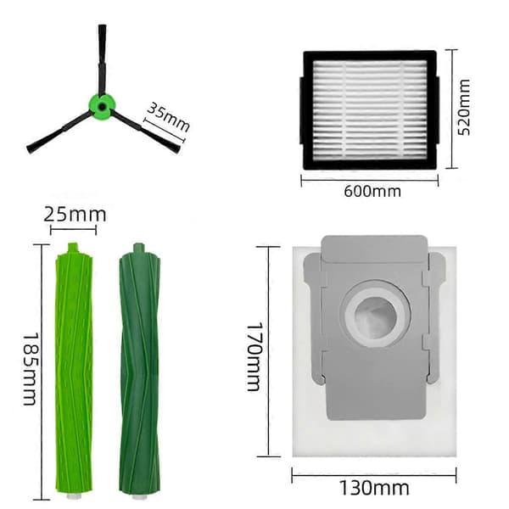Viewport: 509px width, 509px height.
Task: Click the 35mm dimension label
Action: [168, 117]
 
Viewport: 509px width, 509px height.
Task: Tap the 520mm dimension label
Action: [463, 107]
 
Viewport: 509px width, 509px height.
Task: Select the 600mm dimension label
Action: [372, 191]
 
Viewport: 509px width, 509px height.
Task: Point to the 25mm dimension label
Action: [75, 215]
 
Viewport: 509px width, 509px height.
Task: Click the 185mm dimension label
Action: [30, 369]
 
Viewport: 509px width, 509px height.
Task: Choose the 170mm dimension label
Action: [254, 356]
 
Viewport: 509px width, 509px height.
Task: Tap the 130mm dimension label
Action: [374, 488]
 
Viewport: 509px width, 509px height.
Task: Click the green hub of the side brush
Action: [102, 107]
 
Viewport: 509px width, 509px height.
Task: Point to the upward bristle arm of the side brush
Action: [103, 59]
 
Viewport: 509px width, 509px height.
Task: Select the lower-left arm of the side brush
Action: [59, 132]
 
